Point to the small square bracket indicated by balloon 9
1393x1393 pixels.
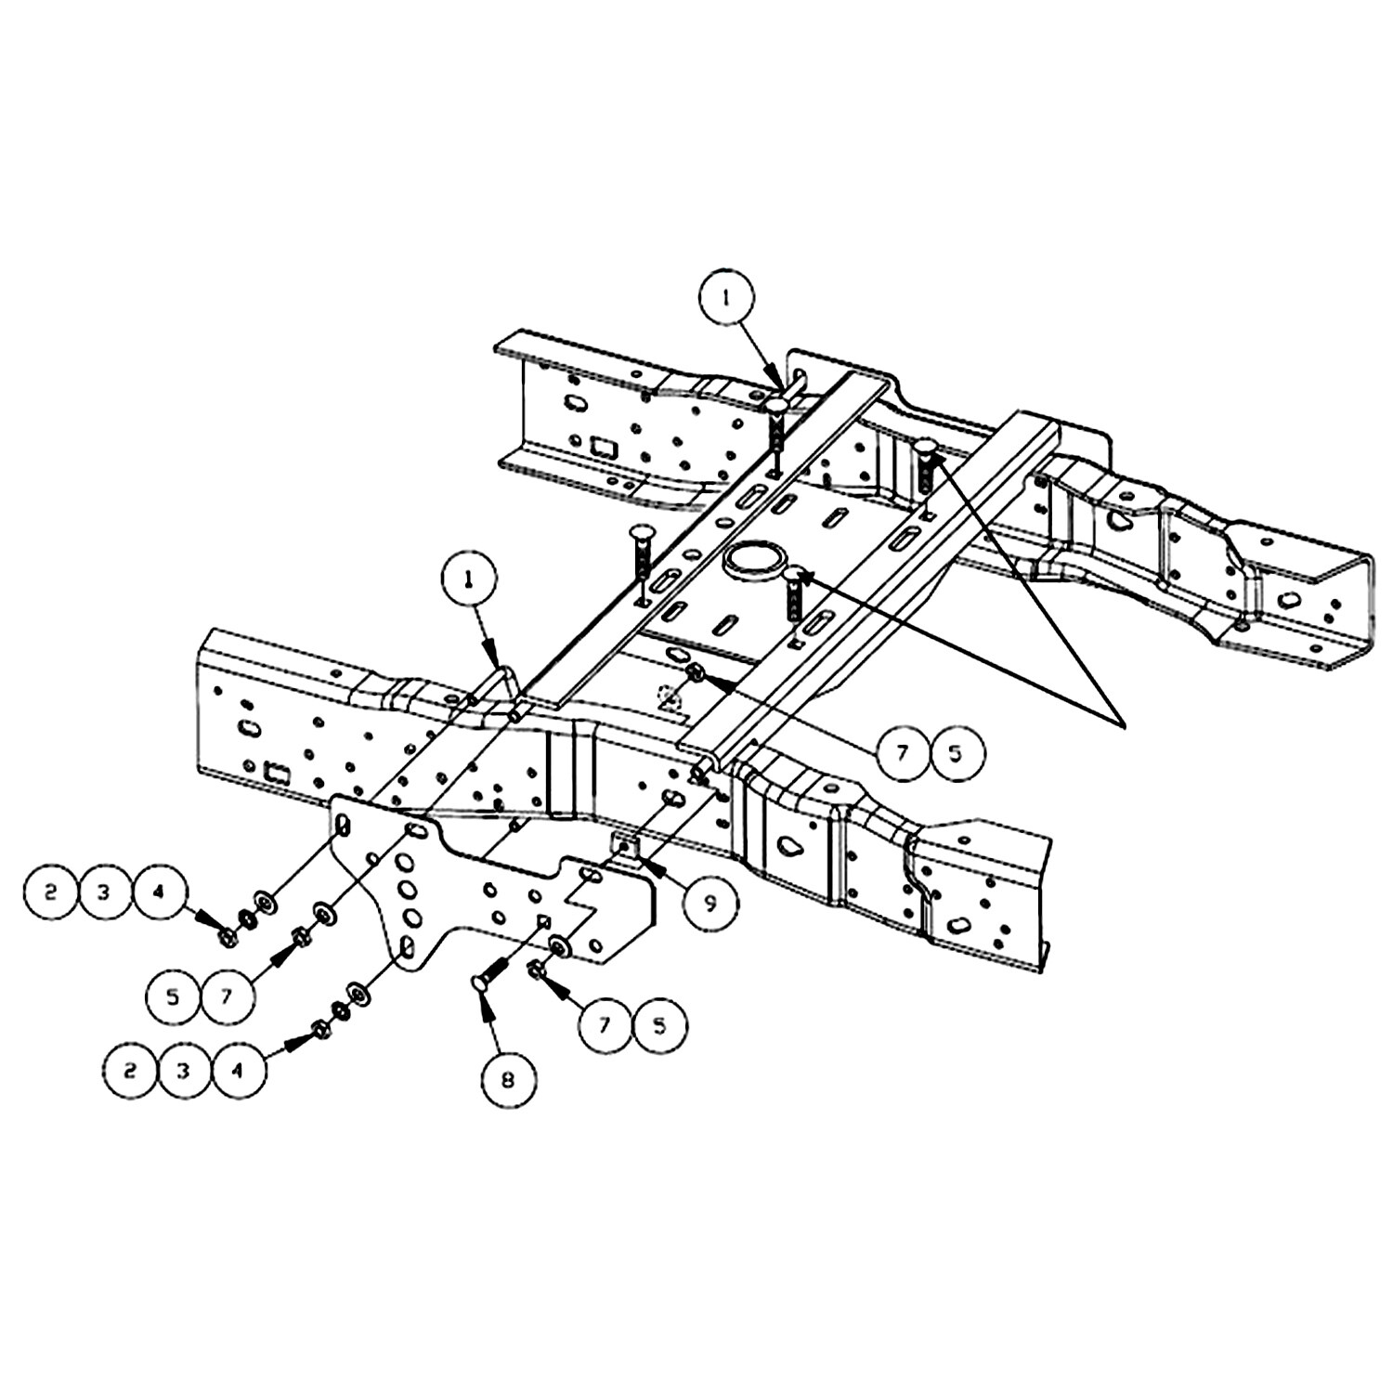click(x=624, y=846)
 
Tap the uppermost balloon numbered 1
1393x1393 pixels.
click(x=727, y=297)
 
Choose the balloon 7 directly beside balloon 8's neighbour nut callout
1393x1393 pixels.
click(x=606, y=1026)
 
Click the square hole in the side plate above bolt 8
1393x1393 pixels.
click(x=544, y=922)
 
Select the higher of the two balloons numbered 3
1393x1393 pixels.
click(x=104, y=892)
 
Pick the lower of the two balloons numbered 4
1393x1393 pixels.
click(x=238, y=1070)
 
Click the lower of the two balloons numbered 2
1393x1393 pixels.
click(x=131, y=1070)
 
